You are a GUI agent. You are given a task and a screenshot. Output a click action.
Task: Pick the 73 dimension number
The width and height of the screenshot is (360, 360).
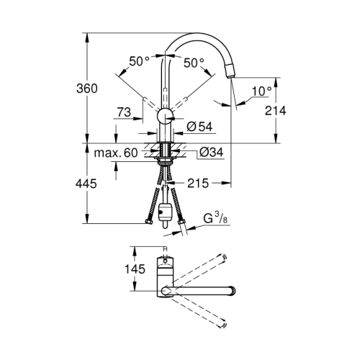[x=125, y=112]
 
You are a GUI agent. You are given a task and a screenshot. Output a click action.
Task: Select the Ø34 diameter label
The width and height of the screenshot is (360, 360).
[x=207, y=153]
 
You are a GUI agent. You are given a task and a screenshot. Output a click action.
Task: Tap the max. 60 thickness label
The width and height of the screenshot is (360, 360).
[x=115, y=153]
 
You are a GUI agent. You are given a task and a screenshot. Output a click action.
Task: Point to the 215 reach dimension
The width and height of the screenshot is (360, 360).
[x=197, y=184]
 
